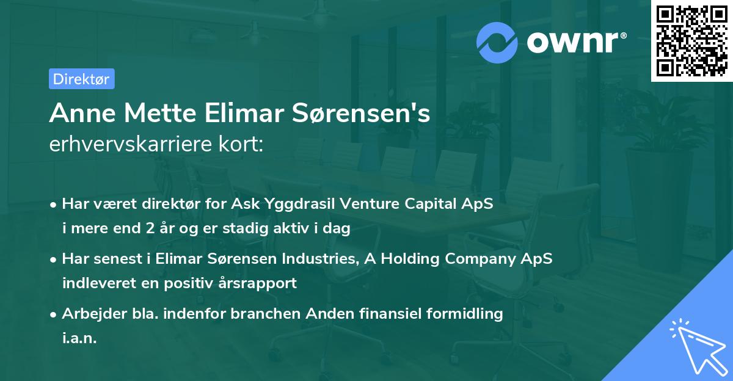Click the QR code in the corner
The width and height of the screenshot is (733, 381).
[x=692, y=41]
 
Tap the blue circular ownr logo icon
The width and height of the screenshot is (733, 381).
[x=497, y=42]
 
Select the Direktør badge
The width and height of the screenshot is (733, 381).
[x=81, y=79]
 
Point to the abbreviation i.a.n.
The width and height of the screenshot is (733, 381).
[x=79, y=338]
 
